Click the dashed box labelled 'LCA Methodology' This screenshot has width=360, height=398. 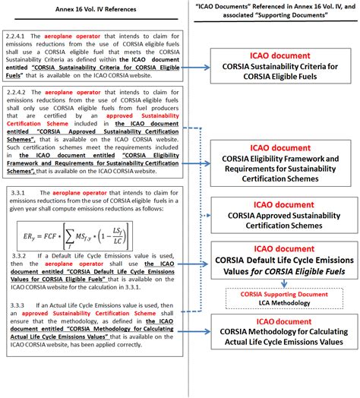click(x=283, y=298)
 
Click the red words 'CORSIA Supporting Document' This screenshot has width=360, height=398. click(x=283, y=293)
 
